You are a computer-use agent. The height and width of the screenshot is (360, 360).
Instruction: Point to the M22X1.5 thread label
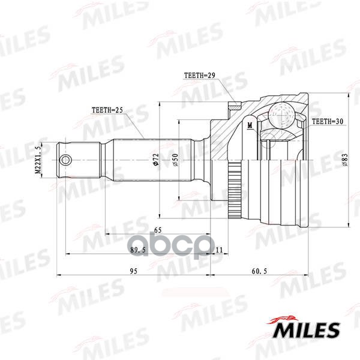click(37, 160)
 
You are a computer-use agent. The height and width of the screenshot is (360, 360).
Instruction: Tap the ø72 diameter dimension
click(155, 159)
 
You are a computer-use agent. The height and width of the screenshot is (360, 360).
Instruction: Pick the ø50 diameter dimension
click(175, 160)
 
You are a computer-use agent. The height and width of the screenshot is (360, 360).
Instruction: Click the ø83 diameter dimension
click(346, 160)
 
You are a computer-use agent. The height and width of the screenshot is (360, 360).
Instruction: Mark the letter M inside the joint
click(248, 125)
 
